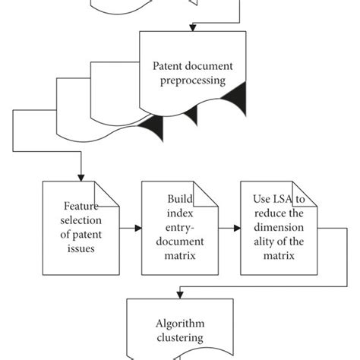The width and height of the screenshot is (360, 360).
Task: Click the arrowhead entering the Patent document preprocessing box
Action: pyautogui.click(x=194, y=29)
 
